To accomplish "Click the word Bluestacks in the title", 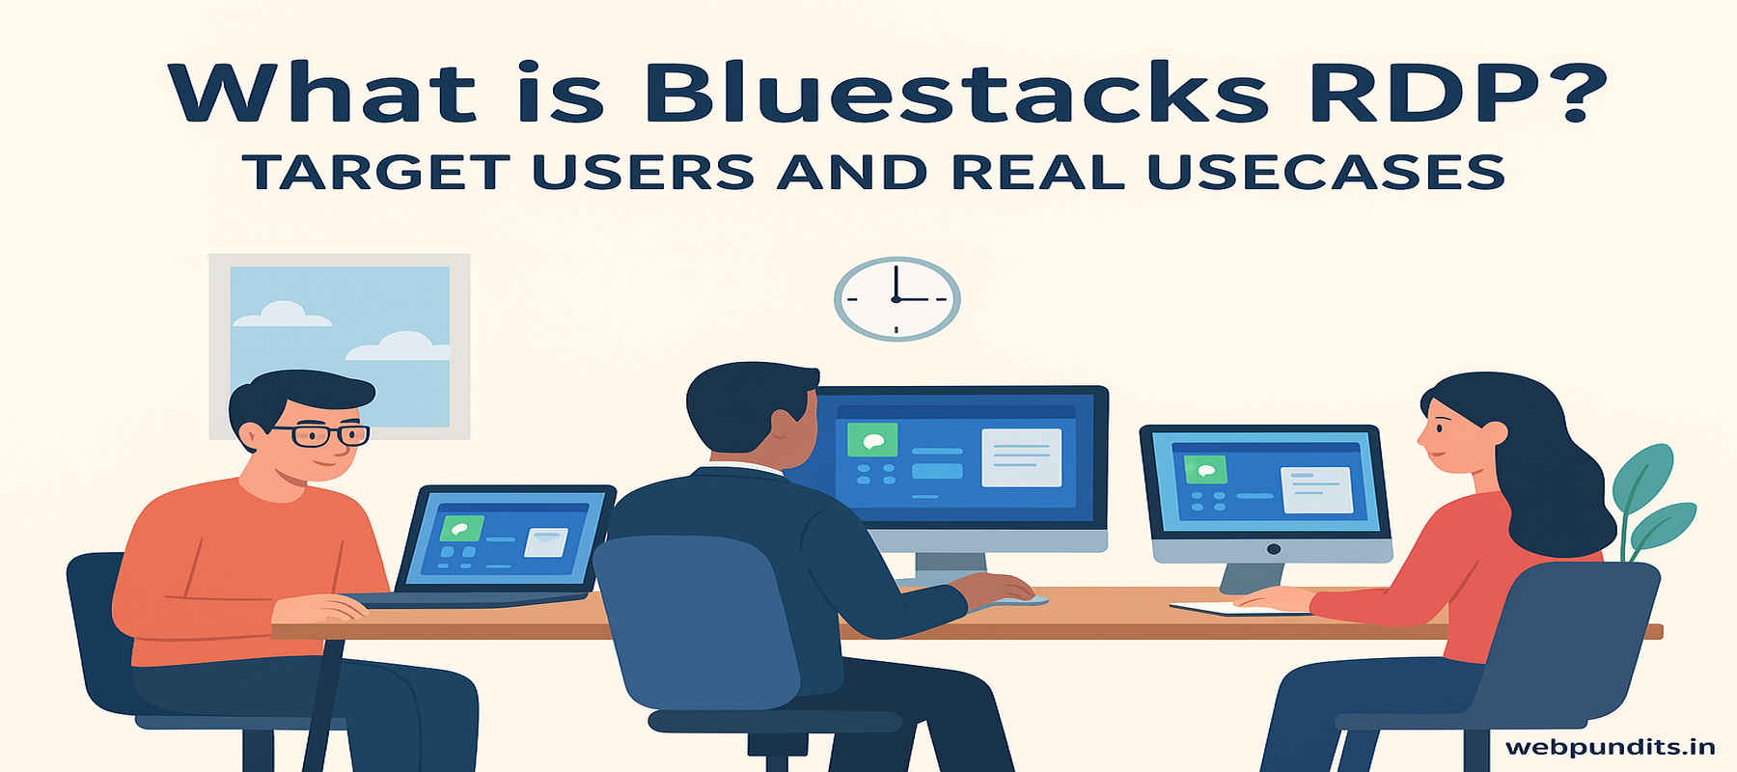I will tap(955, 94).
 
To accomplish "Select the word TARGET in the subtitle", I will tap(376, 173).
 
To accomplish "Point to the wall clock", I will tap(896, 299).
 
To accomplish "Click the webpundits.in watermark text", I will tap(1610, 747).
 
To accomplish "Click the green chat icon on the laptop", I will tap(461, 529).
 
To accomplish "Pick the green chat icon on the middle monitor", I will tap(872, 440).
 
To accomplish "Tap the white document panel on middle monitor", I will tap(1021, 457).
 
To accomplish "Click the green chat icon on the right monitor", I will tap(1205, 471).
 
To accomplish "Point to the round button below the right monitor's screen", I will tap(1274, 549).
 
